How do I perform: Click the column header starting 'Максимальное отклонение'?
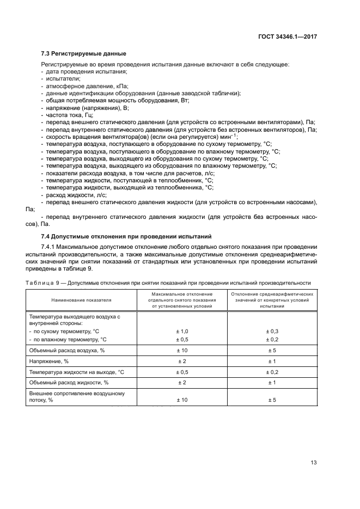182,293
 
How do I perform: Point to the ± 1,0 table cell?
182,332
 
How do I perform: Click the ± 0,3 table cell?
272,332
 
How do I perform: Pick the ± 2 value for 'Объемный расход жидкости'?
182,382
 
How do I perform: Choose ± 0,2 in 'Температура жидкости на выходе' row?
272,372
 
